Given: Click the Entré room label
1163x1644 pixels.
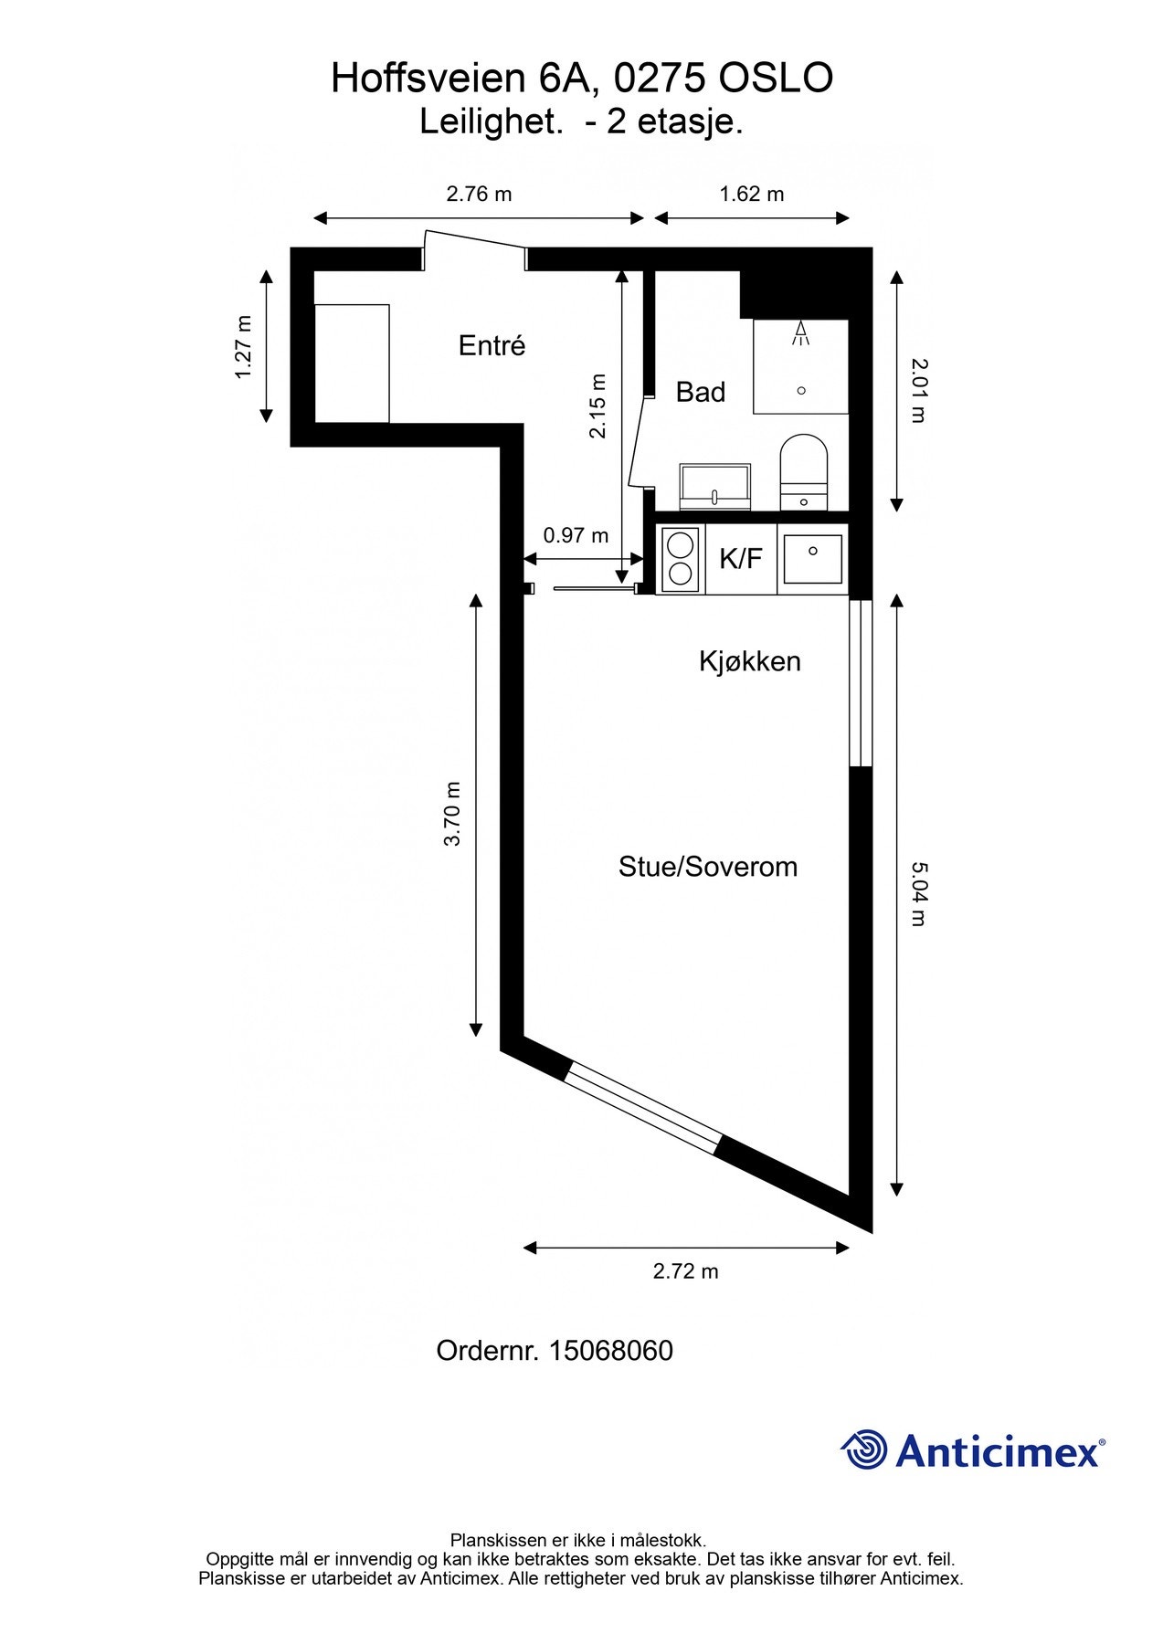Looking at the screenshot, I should coord(492,346).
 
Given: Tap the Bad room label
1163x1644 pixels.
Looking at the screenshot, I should coord(700,393).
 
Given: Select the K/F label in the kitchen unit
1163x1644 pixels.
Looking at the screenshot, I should coord(740,558).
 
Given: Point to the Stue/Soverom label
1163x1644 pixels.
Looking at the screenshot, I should coord(707,867).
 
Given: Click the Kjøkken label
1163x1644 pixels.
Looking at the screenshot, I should coord(749,661).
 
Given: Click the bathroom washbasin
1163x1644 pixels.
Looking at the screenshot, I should coord(715,486).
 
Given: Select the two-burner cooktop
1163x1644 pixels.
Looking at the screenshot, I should coord(680,558).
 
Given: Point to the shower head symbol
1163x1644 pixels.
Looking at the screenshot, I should coord(801,333).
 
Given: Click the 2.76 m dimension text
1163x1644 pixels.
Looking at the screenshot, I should coord(479,194).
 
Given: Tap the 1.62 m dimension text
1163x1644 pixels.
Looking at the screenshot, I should coord(752,194).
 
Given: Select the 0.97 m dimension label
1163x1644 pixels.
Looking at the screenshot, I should coord(576,535).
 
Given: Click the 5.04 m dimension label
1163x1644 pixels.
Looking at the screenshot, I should coord(918,893).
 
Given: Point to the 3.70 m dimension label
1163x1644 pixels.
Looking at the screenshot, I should coord(452,814).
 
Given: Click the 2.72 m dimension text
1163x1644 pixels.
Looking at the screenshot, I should coord(685,1271).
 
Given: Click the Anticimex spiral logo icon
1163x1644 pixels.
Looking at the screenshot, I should coord(863,1449).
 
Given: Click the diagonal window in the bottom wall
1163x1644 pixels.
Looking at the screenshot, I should coord(642,1106).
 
